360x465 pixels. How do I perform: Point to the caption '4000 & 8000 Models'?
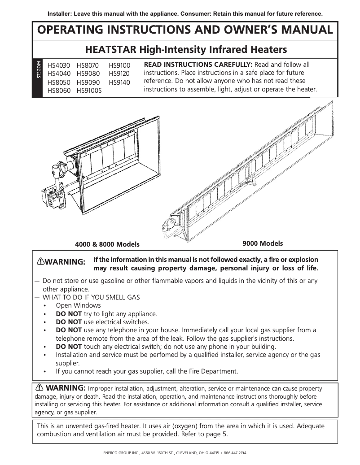click(107, 244)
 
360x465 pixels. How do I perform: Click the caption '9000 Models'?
click(263, 243)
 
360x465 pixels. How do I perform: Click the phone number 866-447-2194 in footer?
click(234, 453)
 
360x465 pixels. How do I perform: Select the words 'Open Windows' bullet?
click(78, 305)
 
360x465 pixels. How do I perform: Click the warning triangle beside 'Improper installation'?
click(40, 387)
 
